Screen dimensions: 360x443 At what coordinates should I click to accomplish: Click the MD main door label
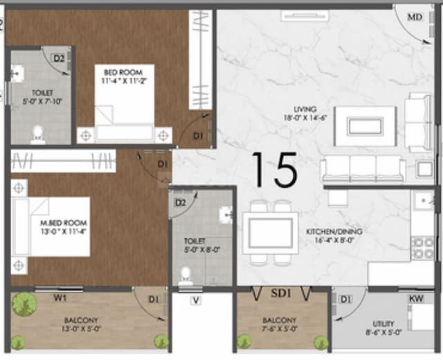coord(415,16)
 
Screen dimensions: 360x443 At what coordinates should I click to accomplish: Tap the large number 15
coord(274,170)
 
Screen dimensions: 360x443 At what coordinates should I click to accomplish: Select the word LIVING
coord(305,109)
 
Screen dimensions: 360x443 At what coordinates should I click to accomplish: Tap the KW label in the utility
coord(417,298)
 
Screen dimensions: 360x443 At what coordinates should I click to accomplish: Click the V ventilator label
coord(197,300)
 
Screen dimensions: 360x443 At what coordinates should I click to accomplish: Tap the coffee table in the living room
coord(365,126)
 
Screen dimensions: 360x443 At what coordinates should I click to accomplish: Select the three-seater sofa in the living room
coord(362,168)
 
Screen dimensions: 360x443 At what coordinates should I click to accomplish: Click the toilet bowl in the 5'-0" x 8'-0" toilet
coord(185,275)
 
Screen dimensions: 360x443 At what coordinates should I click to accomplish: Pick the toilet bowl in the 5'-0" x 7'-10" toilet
coord(39,133)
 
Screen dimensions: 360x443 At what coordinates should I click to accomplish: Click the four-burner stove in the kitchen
coord(422,248)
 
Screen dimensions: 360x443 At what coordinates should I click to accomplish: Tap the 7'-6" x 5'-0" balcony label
coord(280,325)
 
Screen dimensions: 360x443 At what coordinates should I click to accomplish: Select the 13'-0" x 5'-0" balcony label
coord(81,325)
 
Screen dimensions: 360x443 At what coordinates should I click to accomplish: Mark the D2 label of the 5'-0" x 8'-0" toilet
coord(181,203)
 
